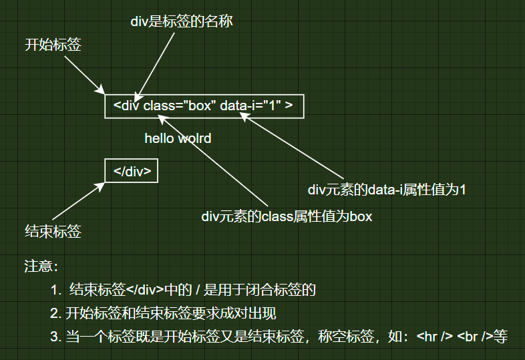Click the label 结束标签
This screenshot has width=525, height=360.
pyautogui.click(x=53, y=232)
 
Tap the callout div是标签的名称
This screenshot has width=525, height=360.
pyautogui.click(x=181, y=22)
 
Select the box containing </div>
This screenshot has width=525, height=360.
pyautogui.click(x=132, y=171)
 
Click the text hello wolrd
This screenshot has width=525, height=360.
pyautogui.click(x=178, y=139)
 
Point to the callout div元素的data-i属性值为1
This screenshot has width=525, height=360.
pyautogui.click(x=386, y=190)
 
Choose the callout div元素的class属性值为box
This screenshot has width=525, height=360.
pyautogui.click(x=287, y=216)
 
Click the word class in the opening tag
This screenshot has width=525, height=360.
pyautogui.click(x=158, y=106)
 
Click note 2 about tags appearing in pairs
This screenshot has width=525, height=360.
pyautogui.click(x=163, y=313)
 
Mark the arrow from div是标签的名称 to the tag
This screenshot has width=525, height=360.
pyautogui.click(x=156, y=63)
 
